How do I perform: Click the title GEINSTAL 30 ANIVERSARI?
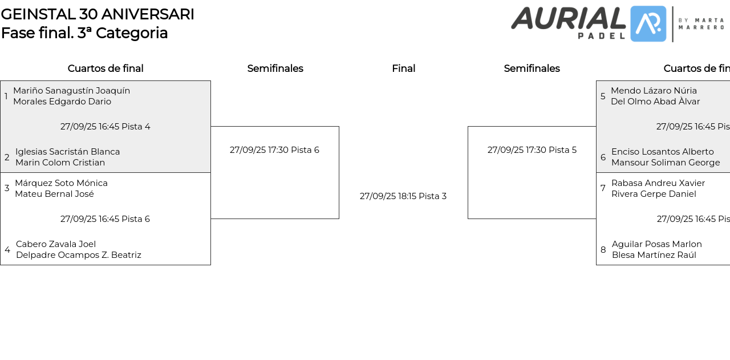[x=98, y=14]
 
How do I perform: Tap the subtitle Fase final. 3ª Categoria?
[x=84, y=33]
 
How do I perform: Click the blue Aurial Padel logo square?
[x=648, y=24]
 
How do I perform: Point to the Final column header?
[x=403, y=68]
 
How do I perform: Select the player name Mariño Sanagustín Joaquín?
[x=71, y=91]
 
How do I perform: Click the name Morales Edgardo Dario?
[x=62, y=102]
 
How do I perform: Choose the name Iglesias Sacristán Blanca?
[x=67, y=152]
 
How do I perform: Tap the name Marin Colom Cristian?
[x=60, y=163]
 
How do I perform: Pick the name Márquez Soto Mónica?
[x=61, y=183]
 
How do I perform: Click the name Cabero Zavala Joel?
[x=56, y=244]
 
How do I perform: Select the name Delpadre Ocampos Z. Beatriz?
[x=79, y=255]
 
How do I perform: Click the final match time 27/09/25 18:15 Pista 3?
[x=403, y=196]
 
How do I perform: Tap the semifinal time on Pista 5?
[x=532, y=150]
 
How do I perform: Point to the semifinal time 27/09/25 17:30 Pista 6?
[x=274, y=150]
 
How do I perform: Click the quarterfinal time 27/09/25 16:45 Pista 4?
[x=106, y=127]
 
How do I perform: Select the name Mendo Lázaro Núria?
[x=654, y=91]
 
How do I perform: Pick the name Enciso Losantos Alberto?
[x=663, y=152]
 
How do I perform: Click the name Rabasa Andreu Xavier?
[x=658, y=183]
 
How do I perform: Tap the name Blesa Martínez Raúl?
[x=654, y=255]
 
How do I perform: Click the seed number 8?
[x=603, y=250]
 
